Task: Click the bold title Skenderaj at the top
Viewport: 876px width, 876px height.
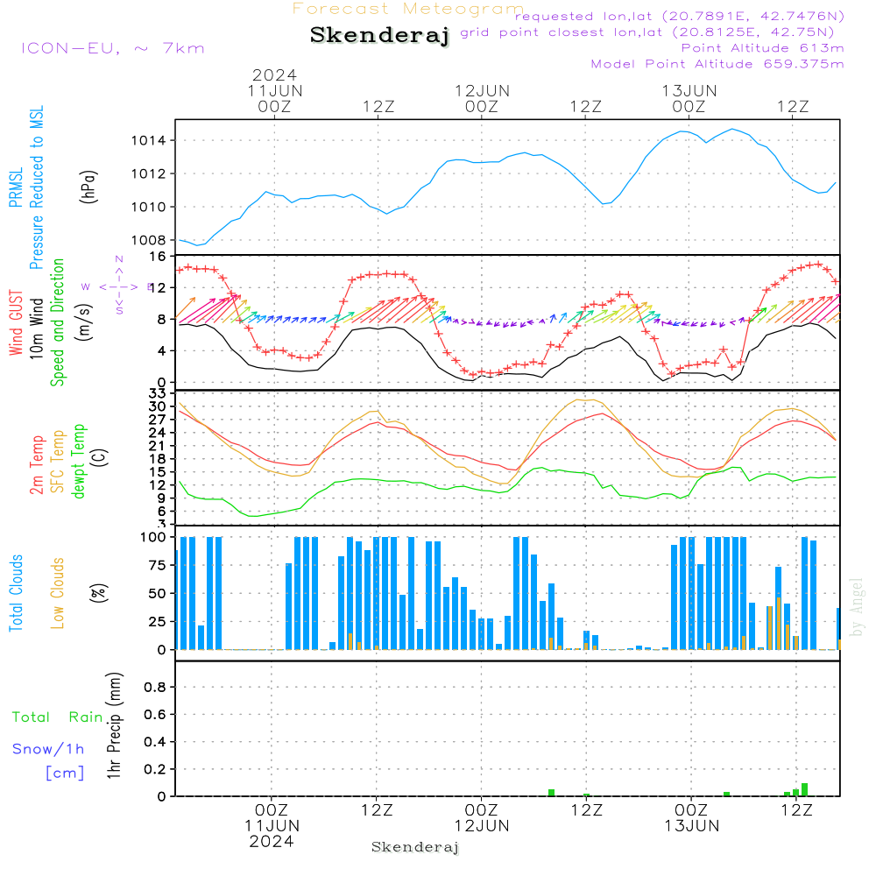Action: (x=379, y=36)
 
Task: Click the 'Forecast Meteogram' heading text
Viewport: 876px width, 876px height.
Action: (x=408, y=9)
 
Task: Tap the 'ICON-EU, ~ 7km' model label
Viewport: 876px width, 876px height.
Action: (x=112, y=47)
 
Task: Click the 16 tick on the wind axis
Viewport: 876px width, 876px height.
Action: (x=159, y=257)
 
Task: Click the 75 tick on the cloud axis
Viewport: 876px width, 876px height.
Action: (x=156, y=565)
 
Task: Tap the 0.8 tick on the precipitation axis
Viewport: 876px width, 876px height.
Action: (x=155, y=688)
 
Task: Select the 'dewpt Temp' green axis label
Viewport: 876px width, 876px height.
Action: (x=79, y=462)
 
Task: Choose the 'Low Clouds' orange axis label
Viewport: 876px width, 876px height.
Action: (x=58, y=592)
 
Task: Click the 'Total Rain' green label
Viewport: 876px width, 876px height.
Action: (x=57, y=717)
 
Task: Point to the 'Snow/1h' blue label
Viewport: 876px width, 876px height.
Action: (x=48, y=749)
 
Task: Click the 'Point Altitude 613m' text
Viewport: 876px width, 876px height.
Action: (x=762, y=47)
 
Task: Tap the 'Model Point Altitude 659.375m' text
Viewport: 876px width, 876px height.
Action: (x=717, y=63)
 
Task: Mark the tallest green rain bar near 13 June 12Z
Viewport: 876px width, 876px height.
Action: (x=804, y=789)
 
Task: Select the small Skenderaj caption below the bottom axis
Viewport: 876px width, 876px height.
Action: (x=415, y=847)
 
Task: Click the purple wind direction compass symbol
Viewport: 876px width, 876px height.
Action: (x=118, y=286)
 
